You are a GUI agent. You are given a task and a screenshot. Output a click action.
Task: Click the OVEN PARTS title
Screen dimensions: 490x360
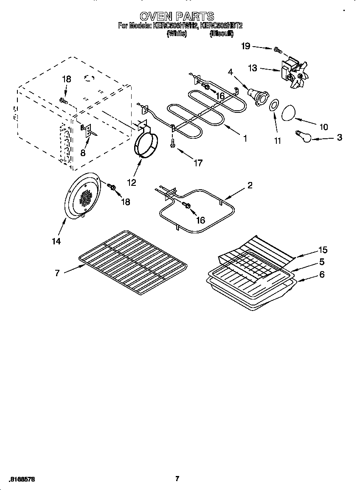coord(177,17)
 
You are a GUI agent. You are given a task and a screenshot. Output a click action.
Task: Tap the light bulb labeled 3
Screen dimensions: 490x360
coord(304,136)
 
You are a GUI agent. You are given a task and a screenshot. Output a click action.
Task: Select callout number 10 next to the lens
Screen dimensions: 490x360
coord(323,126)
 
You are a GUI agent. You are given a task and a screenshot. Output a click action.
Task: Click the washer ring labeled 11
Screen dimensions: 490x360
coord(274,105)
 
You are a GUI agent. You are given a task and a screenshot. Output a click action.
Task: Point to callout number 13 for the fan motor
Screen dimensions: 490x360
coord(253,68)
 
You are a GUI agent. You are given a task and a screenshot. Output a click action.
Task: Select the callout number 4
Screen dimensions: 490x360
coord(231,72)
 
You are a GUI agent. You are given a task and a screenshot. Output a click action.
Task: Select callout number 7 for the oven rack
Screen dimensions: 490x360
coord(57,273)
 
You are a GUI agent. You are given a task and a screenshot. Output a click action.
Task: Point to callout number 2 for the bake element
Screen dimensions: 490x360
coord(250,185)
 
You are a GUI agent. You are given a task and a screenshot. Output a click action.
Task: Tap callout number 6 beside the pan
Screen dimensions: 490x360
coord(322,274)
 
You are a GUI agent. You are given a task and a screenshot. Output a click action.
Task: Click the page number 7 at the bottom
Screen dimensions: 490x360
coord(177,479)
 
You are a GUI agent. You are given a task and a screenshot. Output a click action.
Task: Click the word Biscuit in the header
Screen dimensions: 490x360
coord(221,34)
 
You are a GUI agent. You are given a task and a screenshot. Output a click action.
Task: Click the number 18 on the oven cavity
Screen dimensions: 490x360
coord(67,79)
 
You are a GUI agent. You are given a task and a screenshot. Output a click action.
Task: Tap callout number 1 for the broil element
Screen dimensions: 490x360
coord(245,138)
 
